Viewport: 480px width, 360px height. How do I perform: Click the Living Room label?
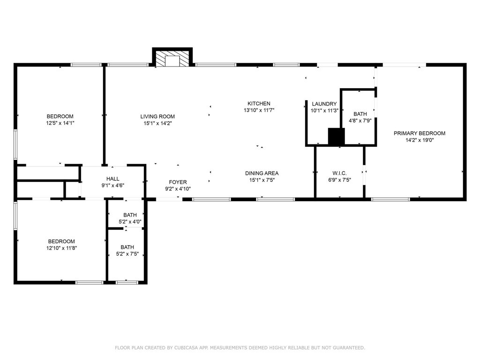(157, 116)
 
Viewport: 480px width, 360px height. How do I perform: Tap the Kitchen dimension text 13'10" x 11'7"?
(259, 110)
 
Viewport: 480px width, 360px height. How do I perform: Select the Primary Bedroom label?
(420, 133)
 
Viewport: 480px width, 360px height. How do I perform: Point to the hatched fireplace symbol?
(172, 58)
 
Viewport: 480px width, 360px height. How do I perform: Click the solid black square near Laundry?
(336, 136)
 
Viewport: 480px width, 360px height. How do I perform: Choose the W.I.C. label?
(339, 173)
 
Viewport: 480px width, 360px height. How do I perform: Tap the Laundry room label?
(324, 104)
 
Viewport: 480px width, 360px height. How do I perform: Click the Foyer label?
(178, 182)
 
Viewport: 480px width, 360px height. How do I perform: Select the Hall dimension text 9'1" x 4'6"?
(112, 185)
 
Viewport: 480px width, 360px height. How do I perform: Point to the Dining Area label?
(262, 173)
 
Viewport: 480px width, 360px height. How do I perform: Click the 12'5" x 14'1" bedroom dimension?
(60, 123)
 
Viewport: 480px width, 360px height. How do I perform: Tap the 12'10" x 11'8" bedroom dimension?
(61, 248)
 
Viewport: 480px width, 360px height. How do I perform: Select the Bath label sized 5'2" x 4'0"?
(130, 215)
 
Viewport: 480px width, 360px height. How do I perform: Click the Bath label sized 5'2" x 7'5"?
(127, 247)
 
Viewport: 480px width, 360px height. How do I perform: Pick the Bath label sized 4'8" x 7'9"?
(360, 114)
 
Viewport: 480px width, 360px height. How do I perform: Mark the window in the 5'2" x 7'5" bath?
(127, 282)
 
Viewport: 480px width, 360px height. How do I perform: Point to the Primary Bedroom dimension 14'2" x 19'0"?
(420, 140)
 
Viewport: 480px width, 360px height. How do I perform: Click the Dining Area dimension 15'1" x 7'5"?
(262, 180)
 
